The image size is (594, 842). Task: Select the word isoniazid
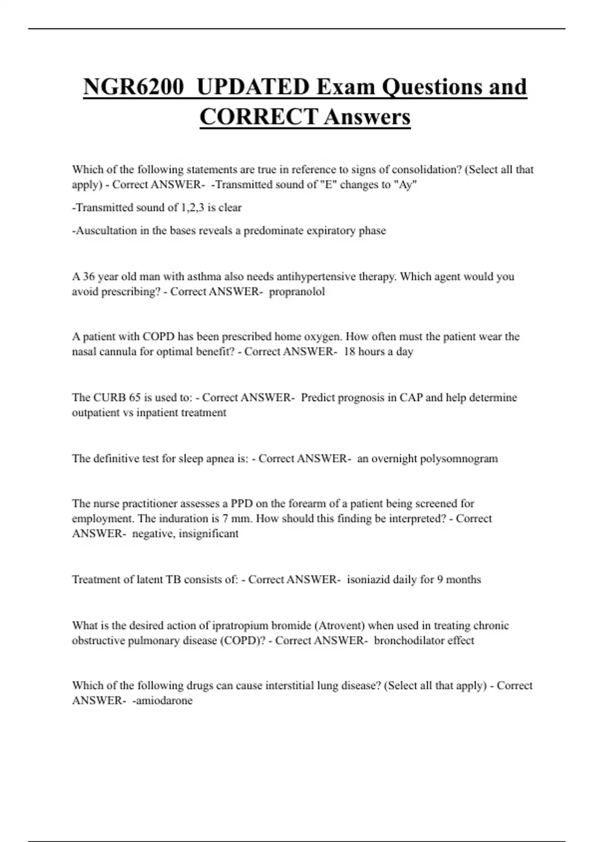coord(368,579)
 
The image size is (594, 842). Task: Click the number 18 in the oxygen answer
coord(349,352)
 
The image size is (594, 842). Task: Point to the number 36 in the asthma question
coord(89,276)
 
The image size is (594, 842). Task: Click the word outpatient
coord(96,413)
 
